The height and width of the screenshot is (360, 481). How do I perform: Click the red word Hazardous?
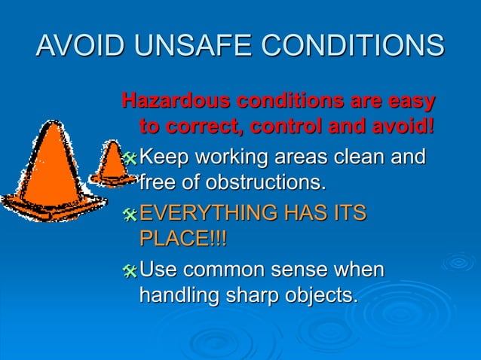[x=178, y=100]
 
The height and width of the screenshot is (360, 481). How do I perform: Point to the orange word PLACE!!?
[x=183, y=238]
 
